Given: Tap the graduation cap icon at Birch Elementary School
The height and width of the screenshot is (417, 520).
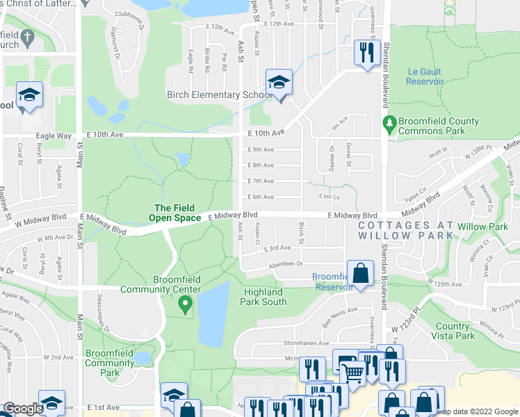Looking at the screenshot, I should [279, 83].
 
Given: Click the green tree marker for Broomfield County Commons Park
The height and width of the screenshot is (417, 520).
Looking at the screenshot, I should [390, 126].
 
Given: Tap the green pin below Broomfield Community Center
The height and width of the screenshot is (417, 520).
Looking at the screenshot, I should [185, 304].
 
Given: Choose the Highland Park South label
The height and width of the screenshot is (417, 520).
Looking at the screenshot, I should [264, 297].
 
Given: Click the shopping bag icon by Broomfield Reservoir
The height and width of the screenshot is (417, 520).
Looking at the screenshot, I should [361, 273].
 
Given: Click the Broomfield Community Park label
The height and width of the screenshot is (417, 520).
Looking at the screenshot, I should [109, 363].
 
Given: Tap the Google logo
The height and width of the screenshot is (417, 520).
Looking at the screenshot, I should [22, 409].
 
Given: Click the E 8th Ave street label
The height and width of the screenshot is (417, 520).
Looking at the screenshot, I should [261, 165].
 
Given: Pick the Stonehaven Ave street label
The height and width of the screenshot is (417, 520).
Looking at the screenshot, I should [290, 343].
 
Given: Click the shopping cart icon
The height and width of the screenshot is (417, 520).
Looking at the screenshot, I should [352, 372].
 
